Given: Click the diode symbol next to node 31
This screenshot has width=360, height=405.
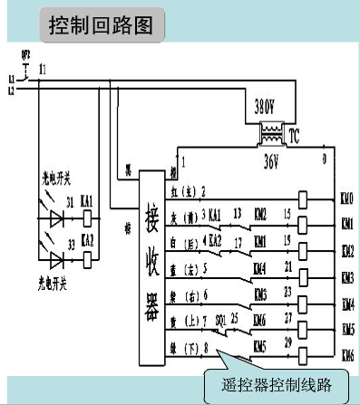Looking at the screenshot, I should [x=57, y=218].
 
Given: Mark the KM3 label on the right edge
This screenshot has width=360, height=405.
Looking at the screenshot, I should [x=347, y=277].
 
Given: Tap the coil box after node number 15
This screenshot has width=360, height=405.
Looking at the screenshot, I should [x=304, y=223].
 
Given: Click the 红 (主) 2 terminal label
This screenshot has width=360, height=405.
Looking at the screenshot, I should [x=191, y=191].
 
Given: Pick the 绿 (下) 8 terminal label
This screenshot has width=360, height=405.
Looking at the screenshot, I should [x=191, y=346].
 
